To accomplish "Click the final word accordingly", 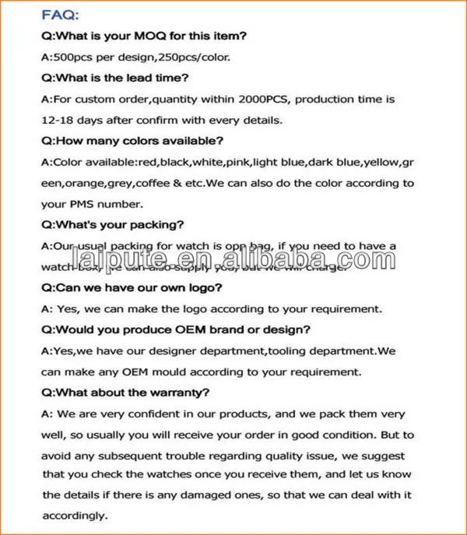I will [x=75, y=516].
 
